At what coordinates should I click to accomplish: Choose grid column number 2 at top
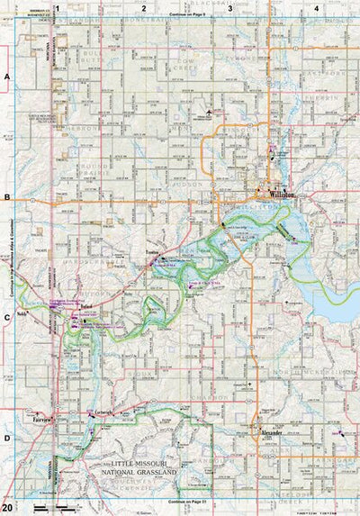(143, 8)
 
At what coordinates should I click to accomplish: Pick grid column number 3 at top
(229, 8)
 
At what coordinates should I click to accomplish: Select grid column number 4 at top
(316, 8)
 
